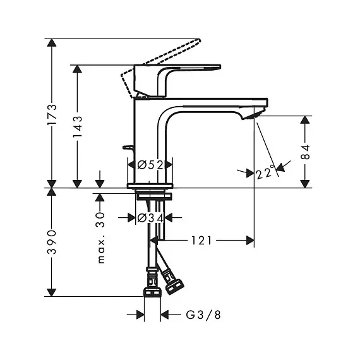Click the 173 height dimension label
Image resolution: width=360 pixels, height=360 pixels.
coord(52,114)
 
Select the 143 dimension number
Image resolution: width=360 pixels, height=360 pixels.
coord(78,127)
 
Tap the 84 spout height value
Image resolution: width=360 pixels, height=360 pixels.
coord(305,152)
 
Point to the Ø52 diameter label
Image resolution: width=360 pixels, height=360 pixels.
coord(150,165)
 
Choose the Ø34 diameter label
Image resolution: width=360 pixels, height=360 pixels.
coord(150,218)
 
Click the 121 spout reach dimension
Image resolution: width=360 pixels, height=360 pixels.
coord(201,241)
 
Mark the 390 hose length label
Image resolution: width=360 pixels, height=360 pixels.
coord(52,242)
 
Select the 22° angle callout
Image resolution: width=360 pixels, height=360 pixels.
coord(265,172)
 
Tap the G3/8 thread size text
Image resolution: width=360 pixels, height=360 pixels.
coord(203,315)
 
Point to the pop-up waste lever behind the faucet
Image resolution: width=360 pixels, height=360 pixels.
coord(128,148)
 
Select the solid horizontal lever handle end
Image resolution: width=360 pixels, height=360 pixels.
coord(217,67)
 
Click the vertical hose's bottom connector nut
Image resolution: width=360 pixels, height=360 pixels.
coord(152,291)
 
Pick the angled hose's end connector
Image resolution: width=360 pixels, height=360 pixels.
coord(175,286)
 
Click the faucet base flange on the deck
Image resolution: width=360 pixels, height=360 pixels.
coord(150,186)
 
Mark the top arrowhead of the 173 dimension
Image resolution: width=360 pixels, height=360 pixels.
coord(52,43)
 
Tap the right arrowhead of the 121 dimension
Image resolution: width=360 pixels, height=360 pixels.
coord(250,241)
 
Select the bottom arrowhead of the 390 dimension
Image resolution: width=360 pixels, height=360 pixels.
coord(52,292)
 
